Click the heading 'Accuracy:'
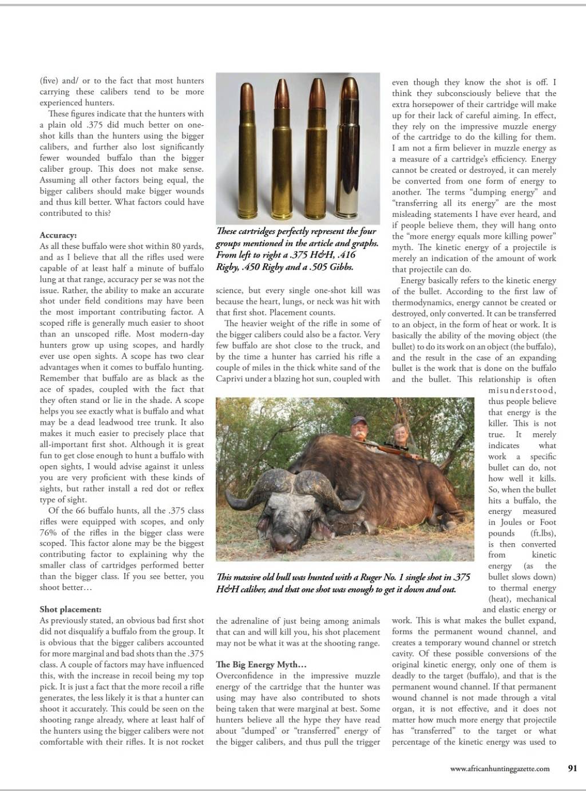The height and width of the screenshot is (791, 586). (58, 235)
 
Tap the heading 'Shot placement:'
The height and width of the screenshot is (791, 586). (70, 610)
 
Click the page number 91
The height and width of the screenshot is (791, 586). (572, 769)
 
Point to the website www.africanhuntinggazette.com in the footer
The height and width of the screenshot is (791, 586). (500, 769)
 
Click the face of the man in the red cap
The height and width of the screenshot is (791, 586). (359, 429)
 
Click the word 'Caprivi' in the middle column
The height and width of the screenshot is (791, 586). (229, 379)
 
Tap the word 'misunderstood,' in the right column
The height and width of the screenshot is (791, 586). (522, 390)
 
